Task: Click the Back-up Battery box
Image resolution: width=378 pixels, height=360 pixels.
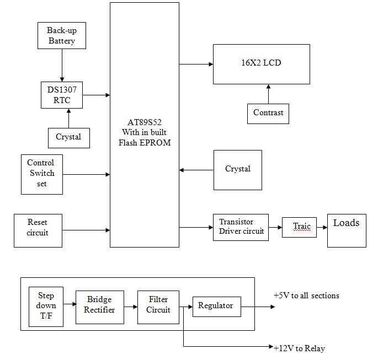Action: (x=61, y=35)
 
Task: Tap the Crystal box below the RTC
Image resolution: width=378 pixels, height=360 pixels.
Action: (x=68, y=137)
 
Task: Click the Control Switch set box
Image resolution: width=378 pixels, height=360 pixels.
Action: (x=41, y=174)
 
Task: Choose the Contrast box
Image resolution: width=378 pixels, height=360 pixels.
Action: (x=268, y=113)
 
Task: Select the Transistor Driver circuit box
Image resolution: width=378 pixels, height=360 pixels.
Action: (x=241, y=227)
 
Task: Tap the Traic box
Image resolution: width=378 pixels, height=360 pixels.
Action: (x=299, y=227)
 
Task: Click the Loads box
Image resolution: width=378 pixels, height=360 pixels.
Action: (x=347, y=230)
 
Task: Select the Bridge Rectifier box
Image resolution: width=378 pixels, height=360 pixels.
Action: (x=100, y=305)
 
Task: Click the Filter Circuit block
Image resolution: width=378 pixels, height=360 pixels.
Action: (x=158, y=305)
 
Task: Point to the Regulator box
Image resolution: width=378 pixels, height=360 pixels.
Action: (x=216, y=306)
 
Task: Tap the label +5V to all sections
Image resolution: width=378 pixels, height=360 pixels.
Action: (x=306, y=296)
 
